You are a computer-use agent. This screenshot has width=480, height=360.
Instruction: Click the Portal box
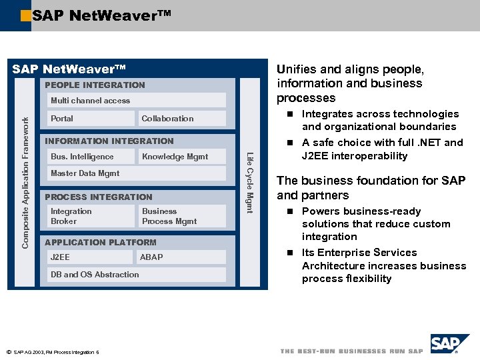pos(90,119)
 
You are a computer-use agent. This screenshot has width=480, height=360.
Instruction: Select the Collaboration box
pos(181,119)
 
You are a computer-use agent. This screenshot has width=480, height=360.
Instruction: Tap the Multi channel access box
pos(136,101)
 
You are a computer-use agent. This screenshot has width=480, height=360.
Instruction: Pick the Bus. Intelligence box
pos(90,157)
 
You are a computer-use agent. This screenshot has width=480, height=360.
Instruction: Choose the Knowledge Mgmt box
pos(181,157)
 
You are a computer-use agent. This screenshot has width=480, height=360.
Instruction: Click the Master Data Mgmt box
pos(136,173)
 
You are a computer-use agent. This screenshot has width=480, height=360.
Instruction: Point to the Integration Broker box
pos(90,216)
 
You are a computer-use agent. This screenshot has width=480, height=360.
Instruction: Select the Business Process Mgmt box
pos(181,216)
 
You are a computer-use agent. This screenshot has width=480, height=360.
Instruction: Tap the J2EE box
pos(90,257)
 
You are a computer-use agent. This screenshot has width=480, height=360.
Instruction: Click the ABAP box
pos(181,257)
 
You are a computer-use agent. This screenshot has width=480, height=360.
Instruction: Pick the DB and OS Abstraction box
pos(136,274)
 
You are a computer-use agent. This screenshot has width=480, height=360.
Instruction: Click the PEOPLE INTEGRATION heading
pos(94,85)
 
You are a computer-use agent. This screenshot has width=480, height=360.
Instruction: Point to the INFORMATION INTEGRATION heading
pos(109,141)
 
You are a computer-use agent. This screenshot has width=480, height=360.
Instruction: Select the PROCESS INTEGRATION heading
pos(98,197)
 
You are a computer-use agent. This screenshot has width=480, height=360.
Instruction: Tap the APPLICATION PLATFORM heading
pos(100,242)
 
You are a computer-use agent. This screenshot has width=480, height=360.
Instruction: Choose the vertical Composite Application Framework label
pos(26,182)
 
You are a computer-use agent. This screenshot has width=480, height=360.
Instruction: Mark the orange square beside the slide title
pos(25,15)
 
